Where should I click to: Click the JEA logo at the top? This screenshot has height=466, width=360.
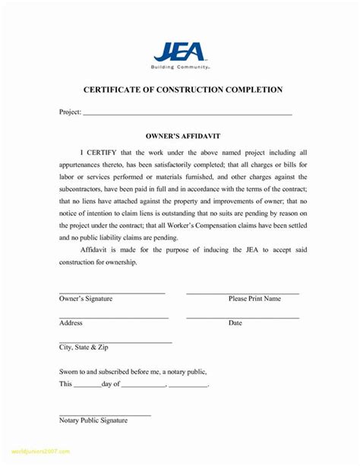pyautogui.click(x=179, y=51)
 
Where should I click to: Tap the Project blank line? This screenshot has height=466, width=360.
pyautogui.click(x=187, y=113)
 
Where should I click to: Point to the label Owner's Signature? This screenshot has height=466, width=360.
pyautogui.click(x=86, y=299)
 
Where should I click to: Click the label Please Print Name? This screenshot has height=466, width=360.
pyautogui.click(x=254, y=299)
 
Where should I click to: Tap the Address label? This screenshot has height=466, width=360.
pyautogui.click(x=71, y=323)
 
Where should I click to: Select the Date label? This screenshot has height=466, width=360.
pyautogui.click(x=235, y=323)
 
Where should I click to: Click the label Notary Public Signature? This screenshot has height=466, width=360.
pyautogui.click(x=93, y=420)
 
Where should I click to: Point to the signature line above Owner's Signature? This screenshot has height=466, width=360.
pyautogui.click(x=112, y=293)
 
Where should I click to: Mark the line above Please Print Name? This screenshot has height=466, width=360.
pyautogui.click(x=242, y=293)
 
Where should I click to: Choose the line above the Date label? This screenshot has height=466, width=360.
pyautogui.click(x=242, y=317)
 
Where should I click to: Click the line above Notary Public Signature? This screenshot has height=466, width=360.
pyautogui.click(x=105, y=414)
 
